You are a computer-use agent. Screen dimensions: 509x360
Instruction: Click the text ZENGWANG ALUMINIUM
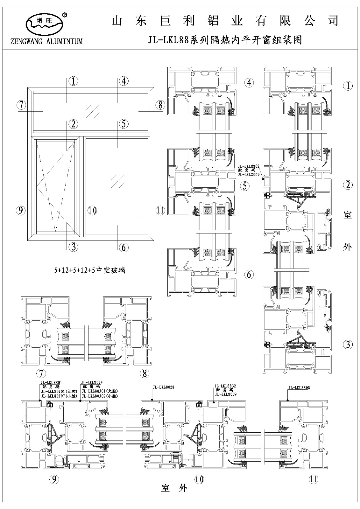(46, 41)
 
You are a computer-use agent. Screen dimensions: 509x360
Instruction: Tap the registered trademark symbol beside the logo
(65, 15)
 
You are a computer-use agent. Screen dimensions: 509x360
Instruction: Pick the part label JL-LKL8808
(299, 388)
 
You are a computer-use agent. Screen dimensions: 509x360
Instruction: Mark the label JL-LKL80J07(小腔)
(59, 396)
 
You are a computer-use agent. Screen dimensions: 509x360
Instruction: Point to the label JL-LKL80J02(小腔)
(100, 396)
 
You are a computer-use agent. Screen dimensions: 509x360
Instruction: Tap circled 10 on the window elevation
(92, 210)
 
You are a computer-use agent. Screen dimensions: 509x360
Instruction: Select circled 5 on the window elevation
(124, 124)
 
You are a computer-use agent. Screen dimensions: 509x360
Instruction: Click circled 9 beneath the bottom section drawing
(55, 479)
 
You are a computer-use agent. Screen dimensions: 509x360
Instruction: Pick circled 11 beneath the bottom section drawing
(314, 479)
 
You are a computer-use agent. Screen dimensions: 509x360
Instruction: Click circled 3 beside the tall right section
(348, 344)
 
